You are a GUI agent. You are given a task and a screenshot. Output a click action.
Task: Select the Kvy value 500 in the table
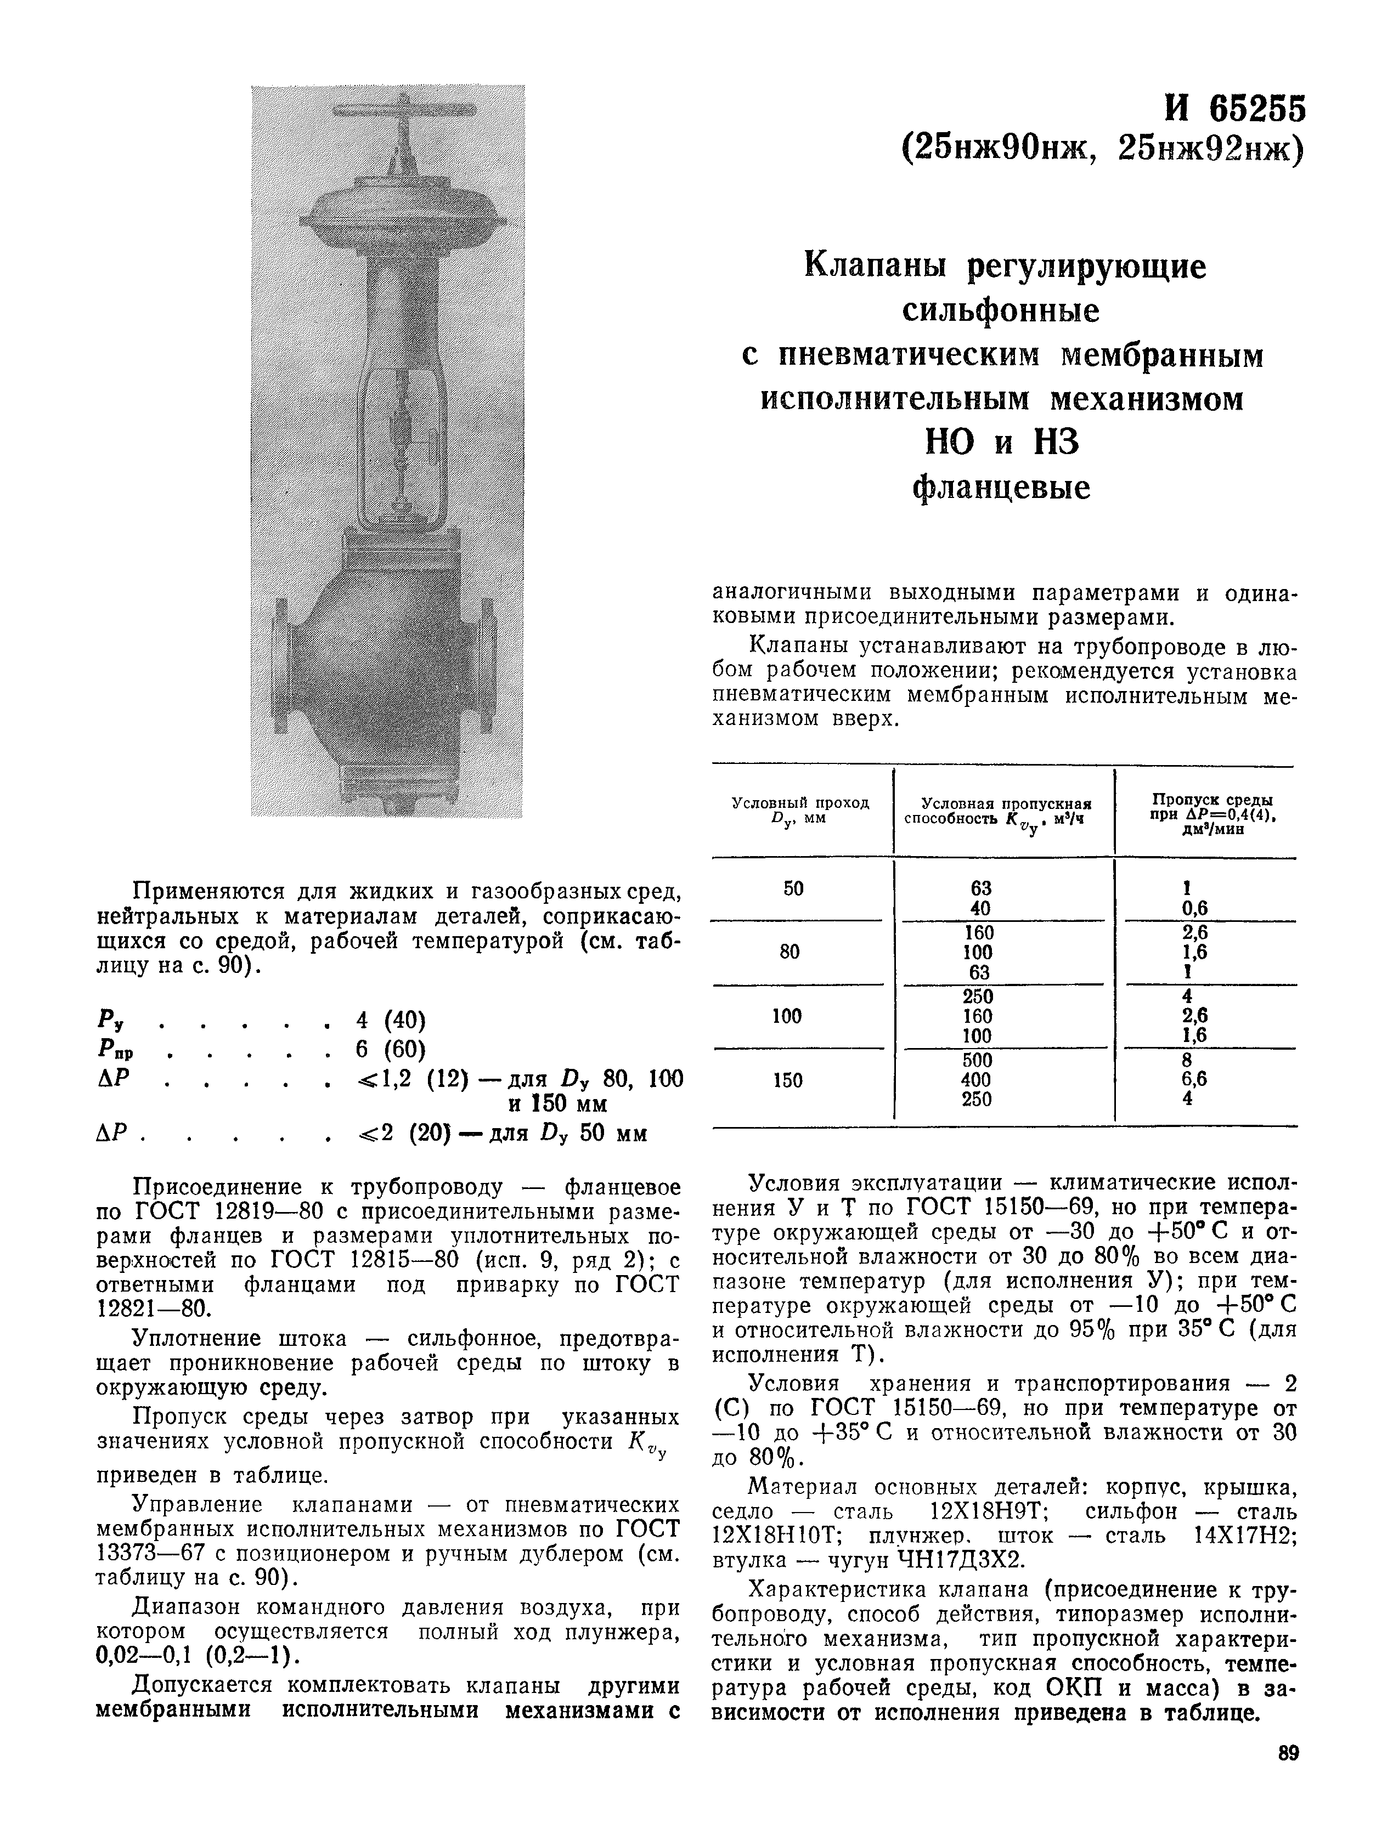[x=977, y=1060]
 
